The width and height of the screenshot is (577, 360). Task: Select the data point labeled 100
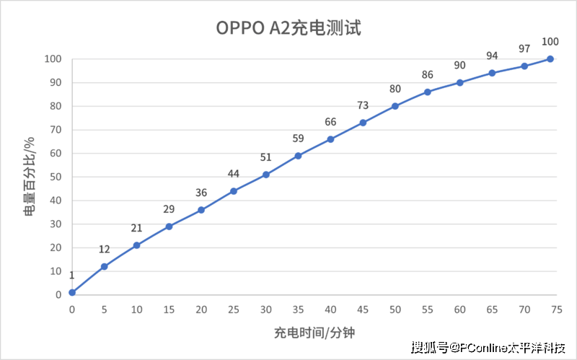click(550, 58)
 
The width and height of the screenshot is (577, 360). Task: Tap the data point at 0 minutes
click(72, 292)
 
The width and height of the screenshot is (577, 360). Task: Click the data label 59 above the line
click(298, 139)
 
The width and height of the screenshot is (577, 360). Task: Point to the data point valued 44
click(234, 191)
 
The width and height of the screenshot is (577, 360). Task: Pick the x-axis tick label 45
click(363, 309)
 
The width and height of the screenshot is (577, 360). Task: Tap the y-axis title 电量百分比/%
click(29, 177)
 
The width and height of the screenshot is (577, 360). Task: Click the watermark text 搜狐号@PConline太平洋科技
click(488, 348)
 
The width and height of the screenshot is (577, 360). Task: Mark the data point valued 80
click(395, 106)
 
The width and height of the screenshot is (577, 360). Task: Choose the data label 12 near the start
click(104, 250)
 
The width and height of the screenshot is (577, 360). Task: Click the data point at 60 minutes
click(459, 82)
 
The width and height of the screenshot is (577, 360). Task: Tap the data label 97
click(524, 49)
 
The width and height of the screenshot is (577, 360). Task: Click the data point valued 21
click(136, 245)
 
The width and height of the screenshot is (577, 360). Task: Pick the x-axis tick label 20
click(201, 309)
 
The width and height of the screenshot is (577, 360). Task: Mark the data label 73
click(363, 106)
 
